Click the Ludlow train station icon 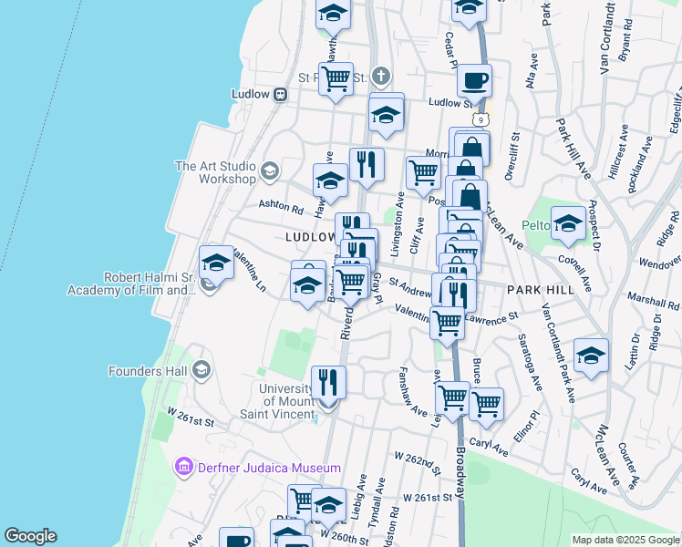(281, 93)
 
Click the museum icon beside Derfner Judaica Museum (182, 468)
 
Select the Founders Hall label (148, 371)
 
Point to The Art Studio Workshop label (215, 172)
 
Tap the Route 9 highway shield (480, 119)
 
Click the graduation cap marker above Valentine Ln (217, 263)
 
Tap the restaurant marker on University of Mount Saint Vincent (328, 383)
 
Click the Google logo (30, 536)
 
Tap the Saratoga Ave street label (529, 362)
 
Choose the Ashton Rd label (280, 207)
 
